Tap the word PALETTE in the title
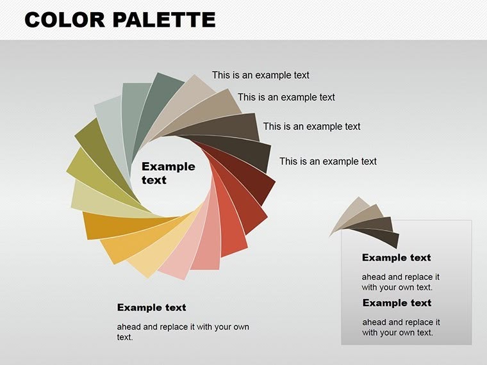pyautogui.click(x=163, y=20)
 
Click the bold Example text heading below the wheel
pyautogui.click(x=151, y=307)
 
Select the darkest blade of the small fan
pyautogui.click(x=384, y=238)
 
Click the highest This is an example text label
pyautogui.click(x=261, y=75)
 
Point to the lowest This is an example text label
pyautogui.click(x=328, y=161)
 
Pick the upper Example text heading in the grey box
pyautogui.click(x=397, y=257)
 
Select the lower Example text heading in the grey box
pyautogui.click(x=397, y=302)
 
